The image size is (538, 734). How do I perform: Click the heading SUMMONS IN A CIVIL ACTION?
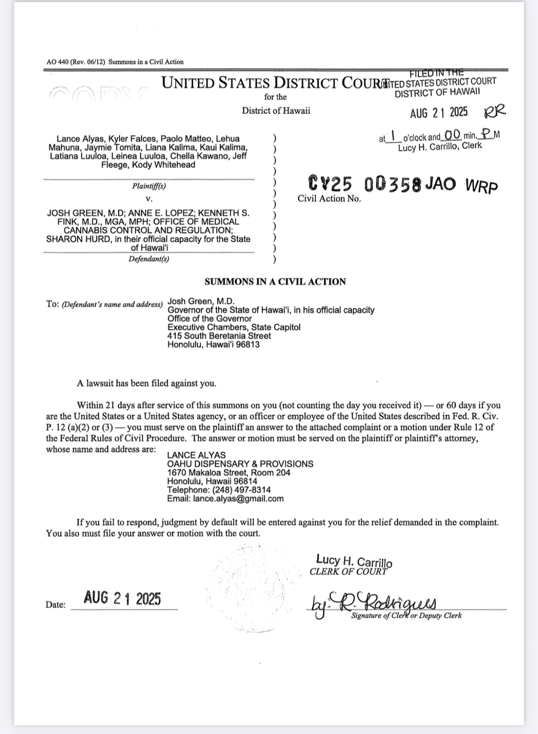coord(275,282)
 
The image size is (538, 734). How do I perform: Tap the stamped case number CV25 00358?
coord(365,183)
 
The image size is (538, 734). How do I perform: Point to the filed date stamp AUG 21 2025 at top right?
coord(439,112)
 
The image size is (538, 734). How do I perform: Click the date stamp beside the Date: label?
coord(122,598)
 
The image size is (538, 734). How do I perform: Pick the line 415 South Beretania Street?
coord(219,336)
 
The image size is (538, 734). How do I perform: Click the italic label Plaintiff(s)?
coord(149,186)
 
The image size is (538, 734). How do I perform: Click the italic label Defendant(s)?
coord(149,259)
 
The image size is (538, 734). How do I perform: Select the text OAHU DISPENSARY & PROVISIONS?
coord(240,464)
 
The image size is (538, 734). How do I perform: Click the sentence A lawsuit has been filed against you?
coord(146,383)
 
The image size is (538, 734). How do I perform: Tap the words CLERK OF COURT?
coord(348,572)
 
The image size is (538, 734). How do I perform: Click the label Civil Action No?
coord(329,199)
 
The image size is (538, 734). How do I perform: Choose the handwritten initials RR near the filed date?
coord(495,111)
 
